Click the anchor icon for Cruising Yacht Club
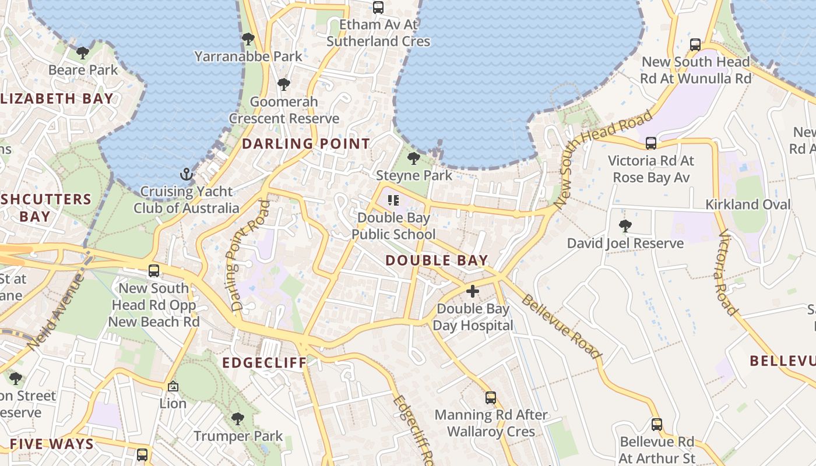(186, 174)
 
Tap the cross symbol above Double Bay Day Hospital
(473, 291)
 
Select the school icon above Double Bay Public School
(393, 201)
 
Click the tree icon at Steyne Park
(414, 158)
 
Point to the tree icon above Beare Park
(83, 53)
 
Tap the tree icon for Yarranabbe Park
(248, 40)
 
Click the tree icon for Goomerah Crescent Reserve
(284, 84)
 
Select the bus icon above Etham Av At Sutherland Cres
(378, 8)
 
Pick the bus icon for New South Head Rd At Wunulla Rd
(695, 45)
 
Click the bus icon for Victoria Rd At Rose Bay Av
(651, 143)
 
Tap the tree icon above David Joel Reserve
(625, 226)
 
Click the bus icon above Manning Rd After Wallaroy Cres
(491, 398)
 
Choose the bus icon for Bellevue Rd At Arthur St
(657, 425)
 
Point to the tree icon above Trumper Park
(237, 418)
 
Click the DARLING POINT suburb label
(306, 144)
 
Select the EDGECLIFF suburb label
(265, 363)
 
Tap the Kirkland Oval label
(748, 204)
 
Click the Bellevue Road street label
(560, 327)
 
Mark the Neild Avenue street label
(56, 313)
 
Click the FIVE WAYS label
(52, 444)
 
